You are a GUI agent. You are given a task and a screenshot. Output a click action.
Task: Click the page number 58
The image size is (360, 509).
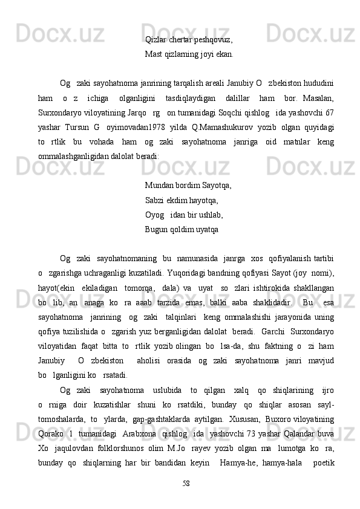(186, 483)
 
